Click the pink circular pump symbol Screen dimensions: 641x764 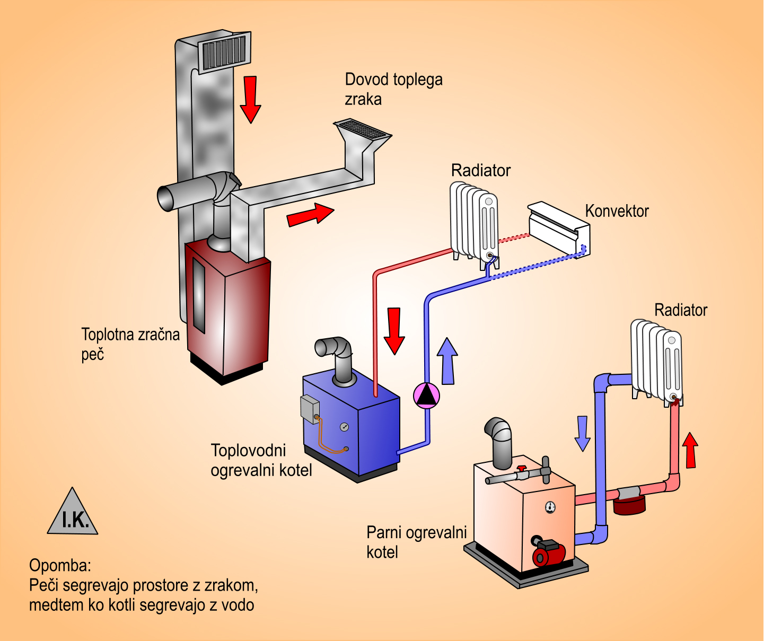pos(426,395)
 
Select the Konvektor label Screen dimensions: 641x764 pos(617,211)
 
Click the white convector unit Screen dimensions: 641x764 pos(559,228)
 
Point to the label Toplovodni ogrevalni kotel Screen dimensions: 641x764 pos(261,460)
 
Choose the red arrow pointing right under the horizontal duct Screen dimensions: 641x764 pos(310,214)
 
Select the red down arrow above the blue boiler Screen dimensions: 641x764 pos(394,330)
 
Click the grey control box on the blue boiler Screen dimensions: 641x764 pos(310,408)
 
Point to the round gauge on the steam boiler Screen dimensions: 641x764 pos(550,507)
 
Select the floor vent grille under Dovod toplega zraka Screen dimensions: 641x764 pos(362,129)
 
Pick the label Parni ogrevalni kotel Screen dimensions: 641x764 pos(416,542)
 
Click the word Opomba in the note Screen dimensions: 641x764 pos(60,565)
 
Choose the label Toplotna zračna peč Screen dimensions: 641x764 pos(130,344)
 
